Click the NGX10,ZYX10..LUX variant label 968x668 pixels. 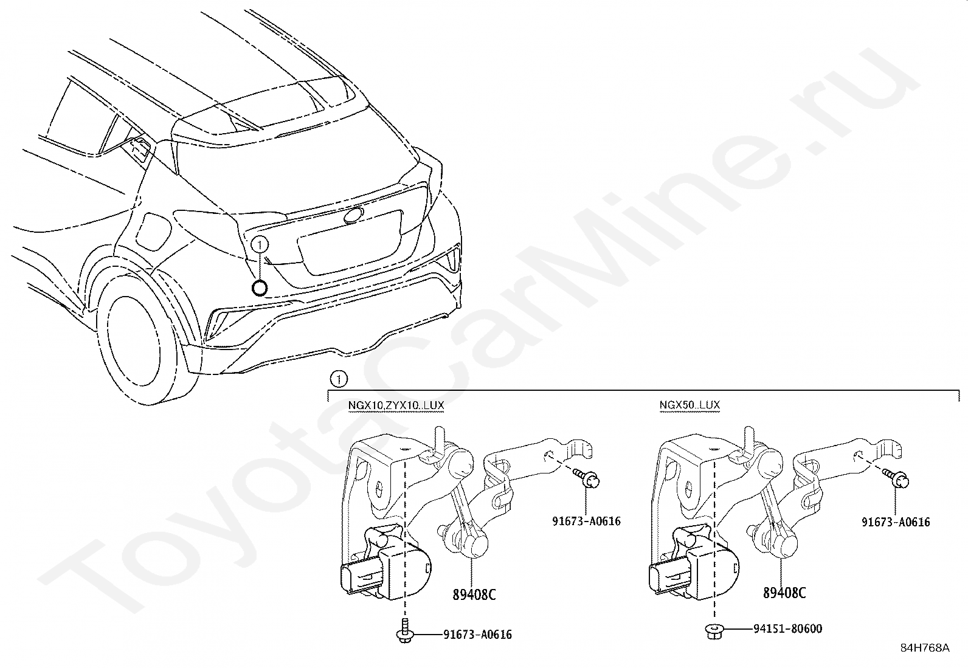(395, 405)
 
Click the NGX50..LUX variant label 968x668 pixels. (690, 405)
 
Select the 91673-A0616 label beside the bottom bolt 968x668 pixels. (477, 635)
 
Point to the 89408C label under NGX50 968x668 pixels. (784, 593)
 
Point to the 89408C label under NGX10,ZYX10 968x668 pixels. (474, 594)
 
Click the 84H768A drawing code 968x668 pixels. (925, 648)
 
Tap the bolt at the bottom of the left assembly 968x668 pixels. (403, 632)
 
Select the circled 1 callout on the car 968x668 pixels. (260, 245)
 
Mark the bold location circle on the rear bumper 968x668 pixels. (260, 288)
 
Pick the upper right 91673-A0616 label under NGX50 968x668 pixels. (896, 522)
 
